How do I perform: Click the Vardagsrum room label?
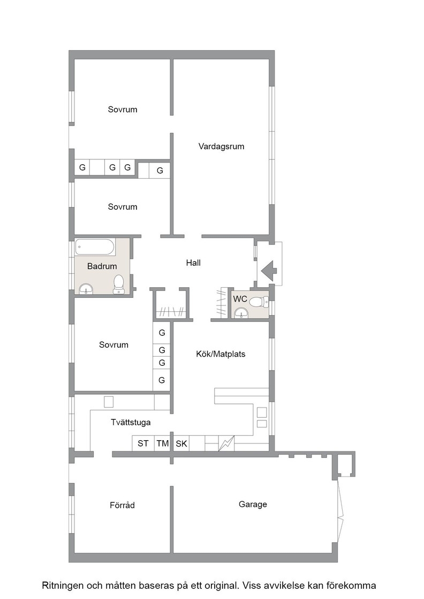pyautogui.click(x=221, y=147)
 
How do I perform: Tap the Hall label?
pyautogui.click(x=193, y=263)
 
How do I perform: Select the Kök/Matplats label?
pyautogui.click(x=221, y=354)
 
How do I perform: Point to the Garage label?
pyautogui.click(x=253, y=504)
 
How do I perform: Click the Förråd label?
pyautogui.click(x=123, y=505)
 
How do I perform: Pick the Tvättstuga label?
pyautogui.click(x=131, y=423)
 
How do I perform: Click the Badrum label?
pyautogui.click(x=102, y=266)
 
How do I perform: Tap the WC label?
pyautogui.click(x=240, y=299)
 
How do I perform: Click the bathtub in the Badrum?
pyautogui.click(x=95, y=247)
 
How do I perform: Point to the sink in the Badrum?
pyautogui.click(x=86, y=289)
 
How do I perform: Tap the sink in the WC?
pyautogui.click(x=241, y=313)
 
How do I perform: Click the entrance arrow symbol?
pyautogui.click(x=269, y=270)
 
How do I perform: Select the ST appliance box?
pyautogui.click(x=143, y=443)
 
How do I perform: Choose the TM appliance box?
pyautogui.click(x=163, y=443)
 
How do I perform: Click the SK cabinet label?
pyautogui.click(x=181, y=444)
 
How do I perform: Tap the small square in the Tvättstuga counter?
pyautogui.click(x=109, y=402)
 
